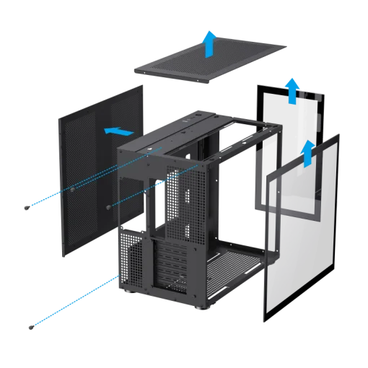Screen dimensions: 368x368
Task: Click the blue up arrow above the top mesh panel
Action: (x=209, y=45)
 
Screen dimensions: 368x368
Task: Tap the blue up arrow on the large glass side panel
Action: (x=307, y=152)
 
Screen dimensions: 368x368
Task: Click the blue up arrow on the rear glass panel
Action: (x=292, y=91)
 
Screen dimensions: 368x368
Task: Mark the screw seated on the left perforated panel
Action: (x=74, y=190)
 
